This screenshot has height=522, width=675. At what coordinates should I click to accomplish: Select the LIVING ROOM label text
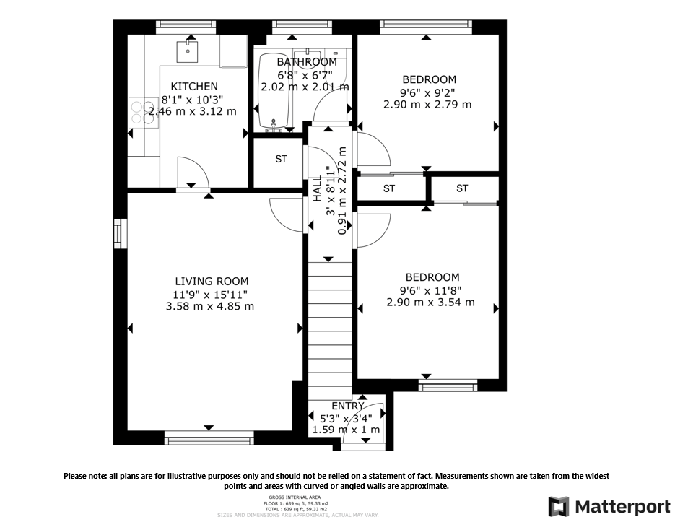tap(212, 282)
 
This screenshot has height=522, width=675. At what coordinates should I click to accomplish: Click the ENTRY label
tap(348, 406)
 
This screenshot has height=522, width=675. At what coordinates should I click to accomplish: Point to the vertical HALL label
tap(316, 189)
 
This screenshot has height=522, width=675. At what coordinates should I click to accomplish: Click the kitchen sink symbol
tap(187, 50)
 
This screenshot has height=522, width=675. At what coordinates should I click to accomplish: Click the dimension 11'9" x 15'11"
tap(210, 294)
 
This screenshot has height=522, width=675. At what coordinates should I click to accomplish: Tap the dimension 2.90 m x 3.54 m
tap(430, 302)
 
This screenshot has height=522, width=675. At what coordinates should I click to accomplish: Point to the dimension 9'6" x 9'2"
tap(429, 92)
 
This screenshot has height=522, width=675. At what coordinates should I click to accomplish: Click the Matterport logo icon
tap(559, 506)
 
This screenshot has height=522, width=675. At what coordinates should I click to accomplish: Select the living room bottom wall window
tap(209, 438)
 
